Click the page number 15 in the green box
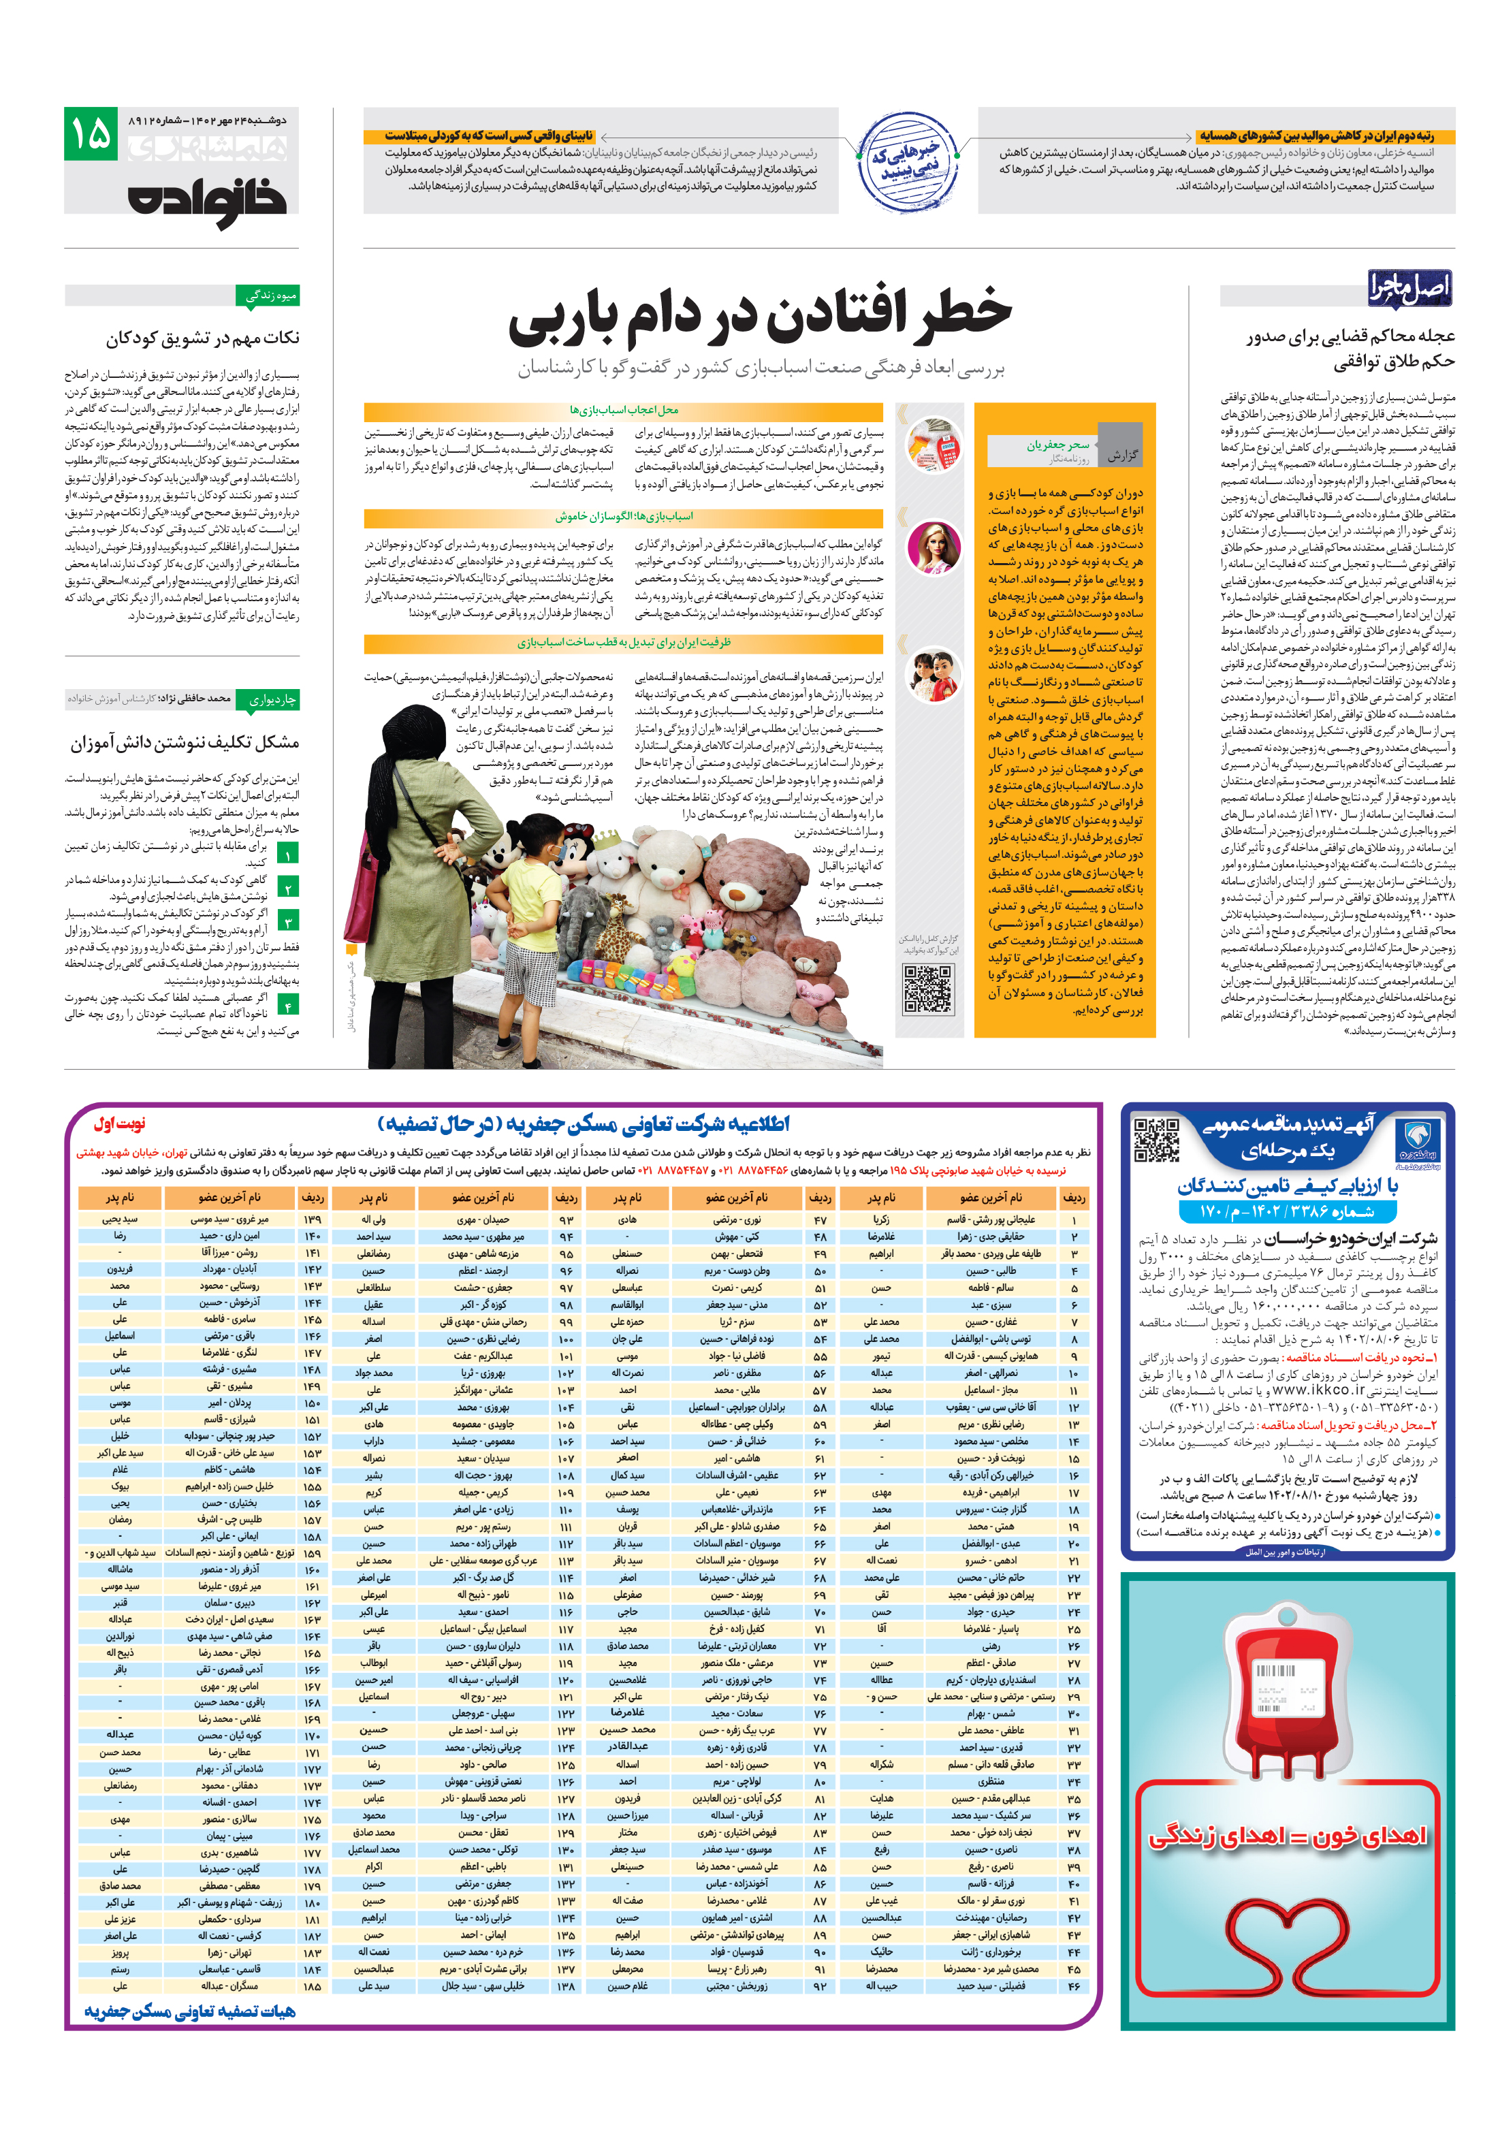91,134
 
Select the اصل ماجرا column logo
1409,287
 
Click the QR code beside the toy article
927,989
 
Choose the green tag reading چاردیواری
268,699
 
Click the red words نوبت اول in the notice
119,1124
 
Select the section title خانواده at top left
207,199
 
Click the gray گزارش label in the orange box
1121,455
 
